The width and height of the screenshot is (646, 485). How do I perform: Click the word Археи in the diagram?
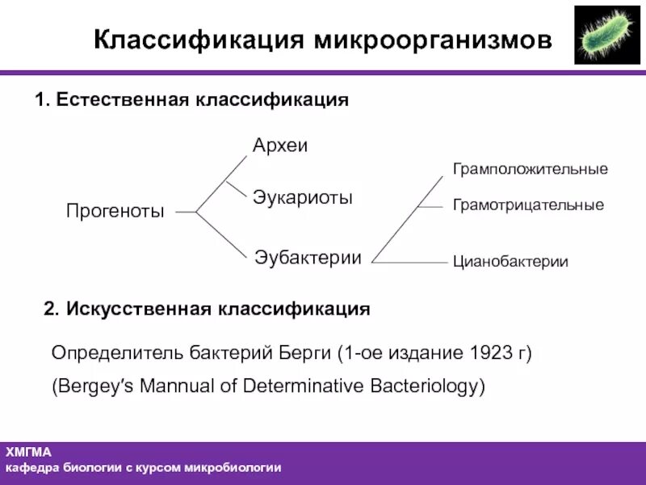click(x=280, y=146)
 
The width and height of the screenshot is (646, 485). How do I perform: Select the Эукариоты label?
click(x=303, y=198)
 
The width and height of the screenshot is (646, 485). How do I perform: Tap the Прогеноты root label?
click(x=115, y=212)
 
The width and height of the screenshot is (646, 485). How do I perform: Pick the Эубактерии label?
click(x=308, y=258)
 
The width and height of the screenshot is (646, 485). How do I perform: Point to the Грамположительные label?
click(x=530, y=170)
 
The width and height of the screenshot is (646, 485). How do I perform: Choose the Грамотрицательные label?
click(x=528, y=205)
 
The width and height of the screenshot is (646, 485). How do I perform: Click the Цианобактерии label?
click(x=510, y=262)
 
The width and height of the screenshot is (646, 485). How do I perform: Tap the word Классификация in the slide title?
click(x=199, y=40)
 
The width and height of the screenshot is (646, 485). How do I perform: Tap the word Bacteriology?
click(x=432, y=386)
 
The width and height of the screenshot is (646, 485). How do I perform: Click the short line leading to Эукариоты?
click(x=236, y=190)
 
